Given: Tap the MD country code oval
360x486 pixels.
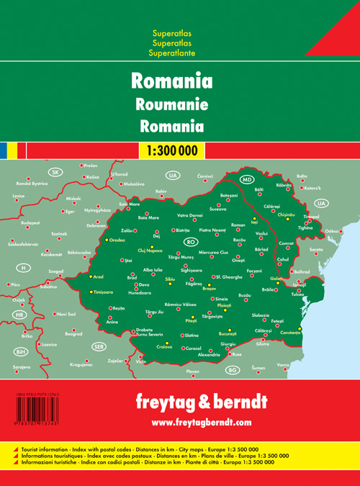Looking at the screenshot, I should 247,179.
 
